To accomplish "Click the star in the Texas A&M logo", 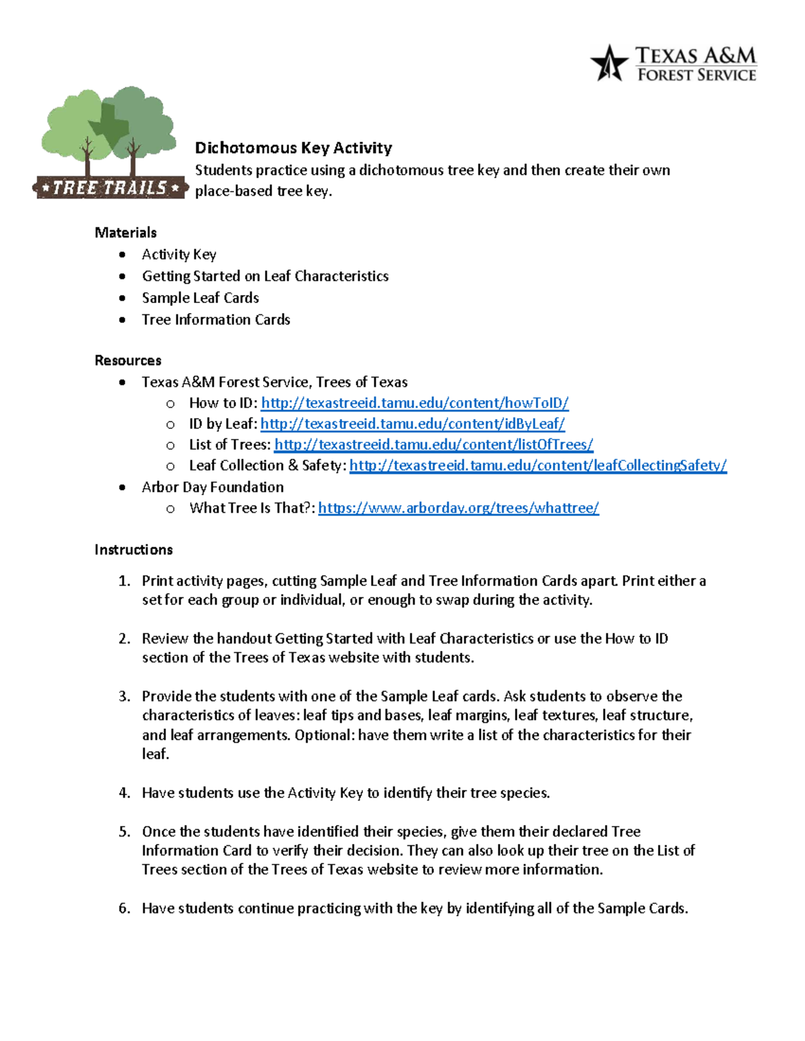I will tap(609, 64).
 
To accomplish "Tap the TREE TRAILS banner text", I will tap(109, 188).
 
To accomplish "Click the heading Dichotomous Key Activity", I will tap(293, 147).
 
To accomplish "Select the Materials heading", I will tap(125, 233).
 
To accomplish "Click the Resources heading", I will tap(127, 361).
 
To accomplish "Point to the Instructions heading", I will tap(133, 550).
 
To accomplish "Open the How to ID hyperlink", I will tap(415, 403).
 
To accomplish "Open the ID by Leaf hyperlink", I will tap(413, 424).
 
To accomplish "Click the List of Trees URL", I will tap(434, 444).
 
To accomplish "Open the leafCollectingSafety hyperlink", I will tap(538, 465).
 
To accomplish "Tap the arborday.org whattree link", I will tap(458, 508).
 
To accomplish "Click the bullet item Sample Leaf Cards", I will tap(200, 298).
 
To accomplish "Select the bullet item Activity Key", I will tap(178, 255).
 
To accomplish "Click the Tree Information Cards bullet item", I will tap(215, 320).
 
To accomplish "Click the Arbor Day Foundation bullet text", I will tap(213, 487).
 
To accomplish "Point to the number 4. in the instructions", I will tap(124, 793).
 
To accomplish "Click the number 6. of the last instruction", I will tap(124, 908).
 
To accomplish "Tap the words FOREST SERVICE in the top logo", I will tap(696, 75).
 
